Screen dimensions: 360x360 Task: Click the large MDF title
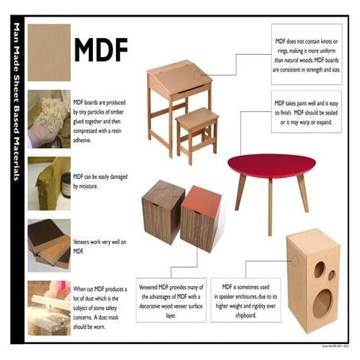[x=100, y=49]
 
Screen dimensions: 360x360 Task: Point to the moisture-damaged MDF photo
[x=48, y=182]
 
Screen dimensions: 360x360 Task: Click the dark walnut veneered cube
[x=163, y=210]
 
